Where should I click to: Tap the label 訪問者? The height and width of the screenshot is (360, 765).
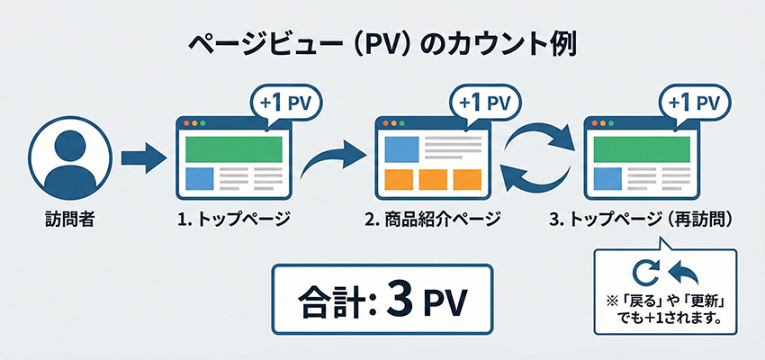(x=68, y=218)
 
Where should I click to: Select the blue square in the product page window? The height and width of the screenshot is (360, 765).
(x=399, y=149)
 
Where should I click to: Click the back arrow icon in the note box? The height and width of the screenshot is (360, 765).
(x=681, y=270)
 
